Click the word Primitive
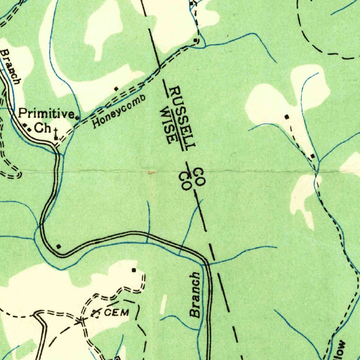coord(46,114)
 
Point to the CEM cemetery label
coord(117,312)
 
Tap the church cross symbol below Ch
coord(56,134)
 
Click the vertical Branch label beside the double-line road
coord(195,295)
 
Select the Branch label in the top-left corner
coord(10,66)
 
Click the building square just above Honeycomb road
coord(116,89)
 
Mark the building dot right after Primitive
coord(77,117)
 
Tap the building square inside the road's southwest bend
coord(59,246)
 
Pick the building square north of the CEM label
coord(134,270)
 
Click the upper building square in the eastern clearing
coord(287,116)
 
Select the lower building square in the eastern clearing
coord(312,156)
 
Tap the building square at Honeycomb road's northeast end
coord(195,40)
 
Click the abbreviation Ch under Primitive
coord(43,128)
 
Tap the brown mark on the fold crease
coord(151,172)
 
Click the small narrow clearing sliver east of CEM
coord(163,304)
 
